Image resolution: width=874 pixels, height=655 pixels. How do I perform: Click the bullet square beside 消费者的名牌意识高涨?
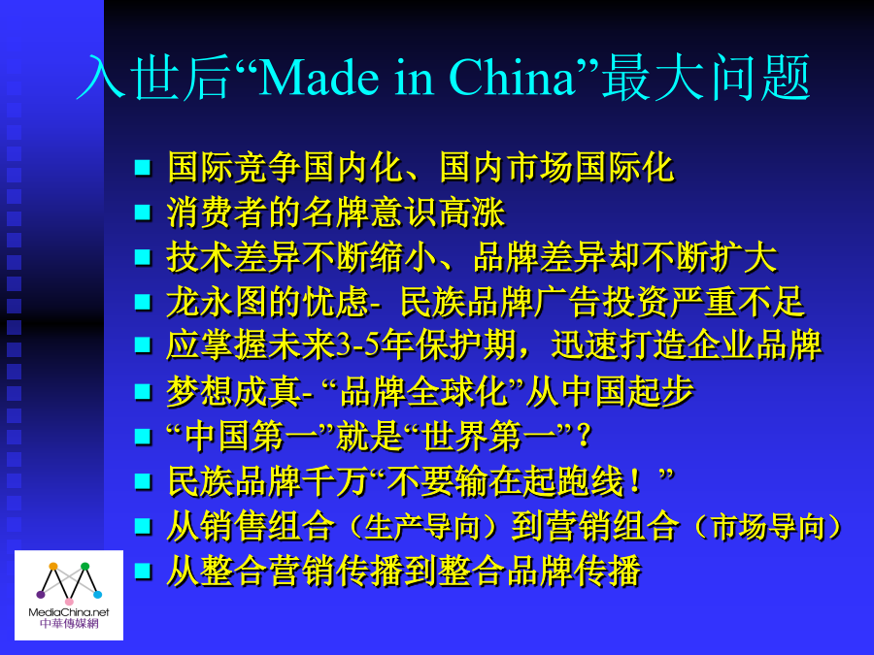click(x=144, y=213)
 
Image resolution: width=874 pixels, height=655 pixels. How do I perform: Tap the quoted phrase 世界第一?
click(x=488, y=436)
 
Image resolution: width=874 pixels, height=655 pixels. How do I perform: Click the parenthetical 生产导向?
click(x=422, y=527)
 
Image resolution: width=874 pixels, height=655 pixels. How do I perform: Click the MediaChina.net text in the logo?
click(x=69, y=612)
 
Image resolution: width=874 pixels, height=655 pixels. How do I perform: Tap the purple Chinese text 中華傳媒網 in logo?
click(x=69, y=624)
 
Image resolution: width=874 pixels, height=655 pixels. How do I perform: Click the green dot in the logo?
click(x=84, y=567)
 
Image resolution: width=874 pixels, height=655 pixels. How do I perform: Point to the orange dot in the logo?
click(x=53, y=567)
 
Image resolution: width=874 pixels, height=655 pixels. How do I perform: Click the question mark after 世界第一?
click(x=584, y=436)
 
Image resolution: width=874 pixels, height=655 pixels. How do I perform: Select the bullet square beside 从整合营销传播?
click(x=144, y=572)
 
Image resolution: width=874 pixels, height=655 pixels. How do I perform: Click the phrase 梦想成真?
click(x=233, y=391)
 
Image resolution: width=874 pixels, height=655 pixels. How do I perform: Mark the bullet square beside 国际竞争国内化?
click(x=144, y=167)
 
